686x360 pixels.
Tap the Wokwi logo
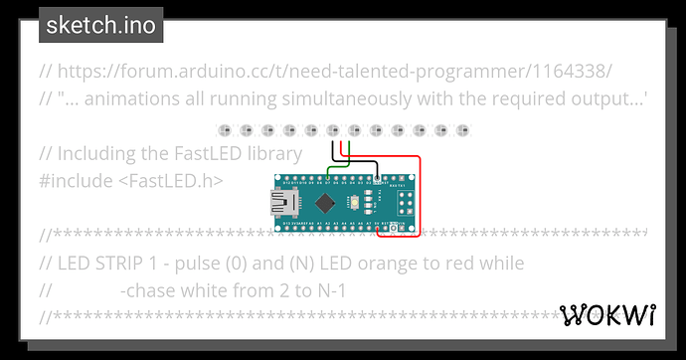[607, 315]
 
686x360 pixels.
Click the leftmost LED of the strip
[224, 130]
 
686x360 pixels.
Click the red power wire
[420, 199]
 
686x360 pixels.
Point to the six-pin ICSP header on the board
[407, 204]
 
